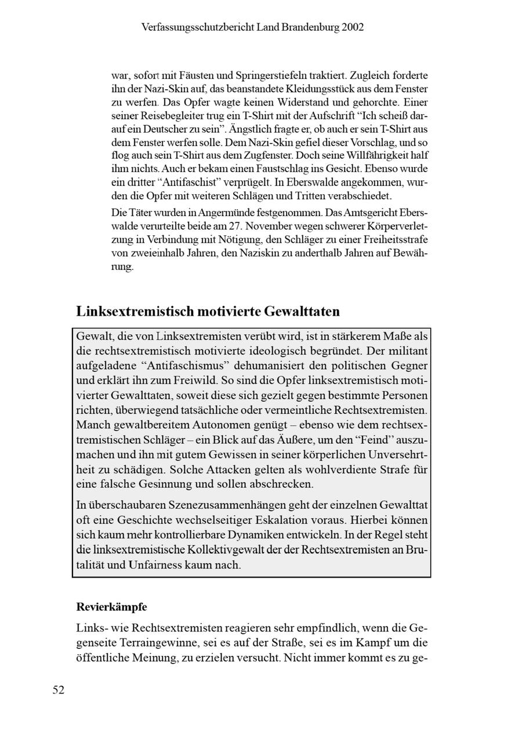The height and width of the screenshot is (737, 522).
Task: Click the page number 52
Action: (59, 689)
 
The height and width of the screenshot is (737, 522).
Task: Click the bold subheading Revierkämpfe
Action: (111, 607)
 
